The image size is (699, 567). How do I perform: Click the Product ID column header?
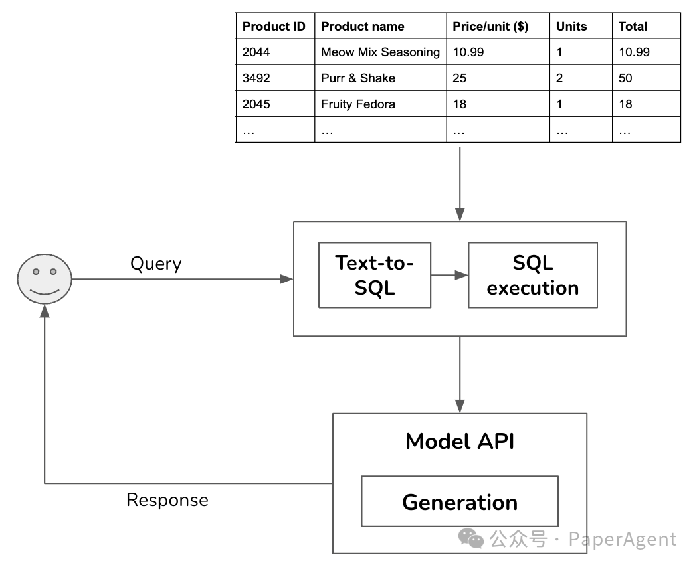(274, 27)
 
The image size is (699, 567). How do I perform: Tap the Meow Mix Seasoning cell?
(380, 52)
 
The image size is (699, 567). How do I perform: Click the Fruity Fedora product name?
(358, 104)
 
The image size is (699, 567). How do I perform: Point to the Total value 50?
(625, 78)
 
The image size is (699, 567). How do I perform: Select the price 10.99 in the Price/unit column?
(468, 52)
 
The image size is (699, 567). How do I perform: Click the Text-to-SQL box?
(375, 275)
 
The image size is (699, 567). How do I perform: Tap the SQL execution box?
(533, 275)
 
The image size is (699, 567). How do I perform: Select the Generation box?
(460, 501)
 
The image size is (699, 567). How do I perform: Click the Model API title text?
(460, 442)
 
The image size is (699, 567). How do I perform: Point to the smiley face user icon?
(45, 279)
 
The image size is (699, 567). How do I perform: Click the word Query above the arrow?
(156, 264)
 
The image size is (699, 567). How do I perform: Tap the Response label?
(167, 500)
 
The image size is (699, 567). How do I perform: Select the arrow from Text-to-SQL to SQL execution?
(449, 275)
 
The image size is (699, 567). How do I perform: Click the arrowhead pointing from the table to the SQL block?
(460, 214)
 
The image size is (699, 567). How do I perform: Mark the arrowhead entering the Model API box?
(460, 406)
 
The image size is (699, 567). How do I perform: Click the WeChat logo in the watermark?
(471, 538)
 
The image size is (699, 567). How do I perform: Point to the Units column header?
(571, 27)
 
